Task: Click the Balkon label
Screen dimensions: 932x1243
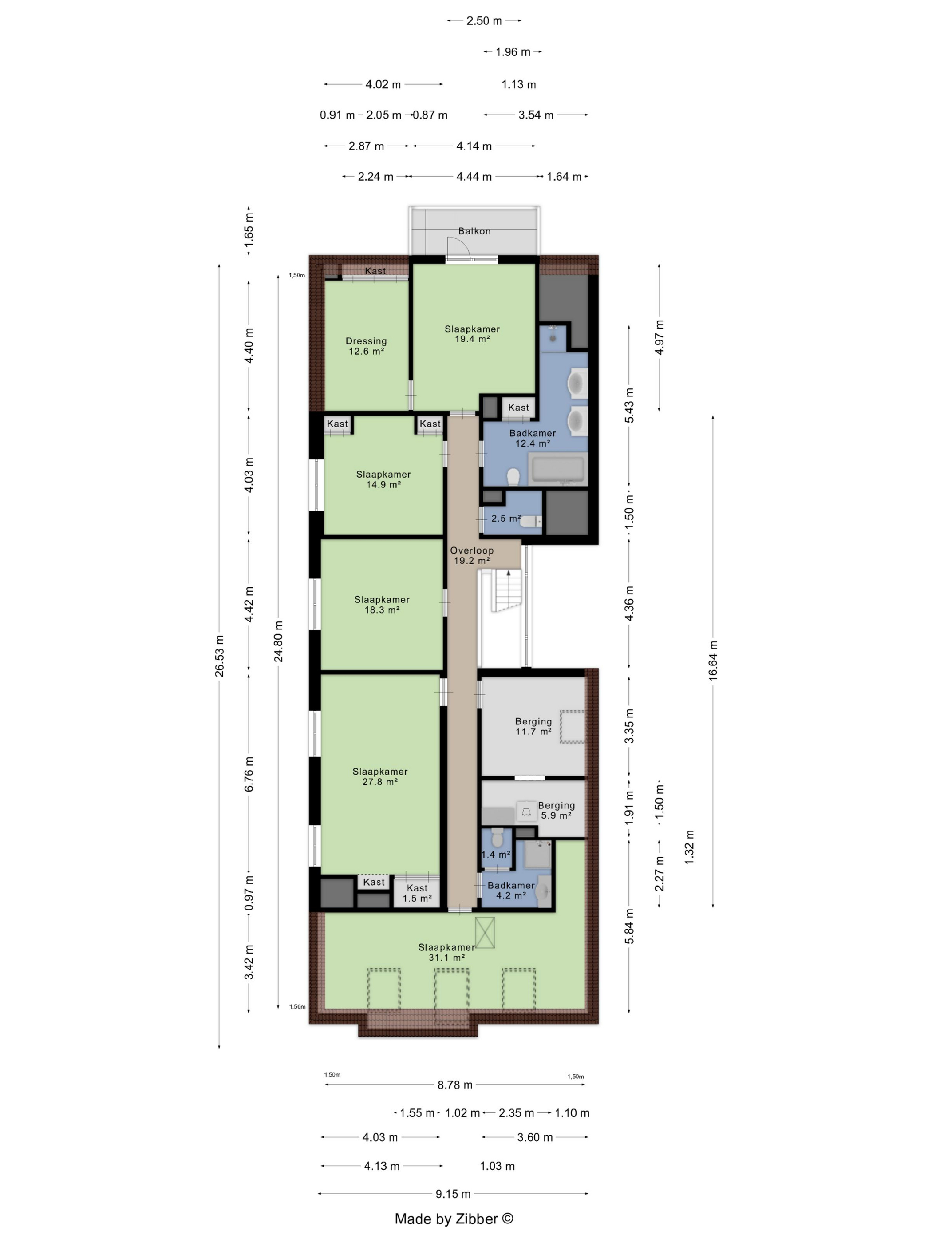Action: (x=474, y=231)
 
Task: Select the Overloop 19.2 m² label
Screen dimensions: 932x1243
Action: (x=471, y=556)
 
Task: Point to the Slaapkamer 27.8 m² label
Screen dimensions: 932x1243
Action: (x=380, y=776)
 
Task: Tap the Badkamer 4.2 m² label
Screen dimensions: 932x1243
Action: (x=511, y=890)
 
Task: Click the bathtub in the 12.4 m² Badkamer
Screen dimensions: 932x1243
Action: (x=558, y=469)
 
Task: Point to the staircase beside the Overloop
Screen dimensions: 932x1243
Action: (x=507, y=590)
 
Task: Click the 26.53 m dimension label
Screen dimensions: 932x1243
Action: (x=219, y=656)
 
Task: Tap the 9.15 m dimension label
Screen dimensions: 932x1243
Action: (x=453, y=1194)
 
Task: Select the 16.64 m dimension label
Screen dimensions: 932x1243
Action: (x=713, y=661)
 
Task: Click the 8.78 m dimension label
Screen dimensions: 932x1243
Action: (x=455, y=1085)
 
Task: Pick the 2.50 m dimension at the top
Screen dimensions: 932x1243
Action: (x=484, y=21)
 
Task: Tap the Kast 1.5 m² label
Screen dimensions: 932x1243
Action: (x=417, y=893)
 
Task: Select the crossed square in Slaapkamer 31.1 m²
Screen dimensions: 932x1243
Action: (x=485, y=933)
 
